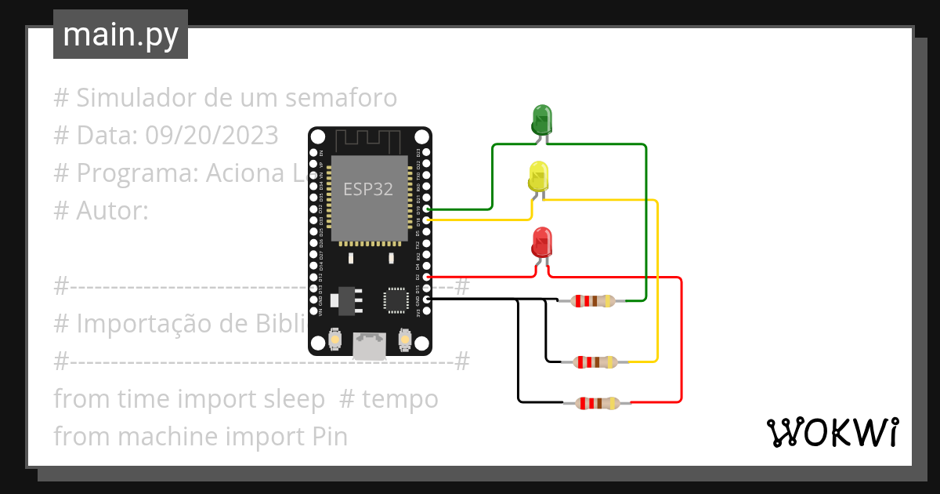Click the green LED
[541, 119]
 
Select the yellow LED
[539, 176]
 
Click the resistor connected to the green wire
[594, 300]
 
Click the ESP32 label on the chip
[368, 189]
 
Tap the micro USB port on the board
[370, 345]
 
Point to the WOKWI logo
[831, 433]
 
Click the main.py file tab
[121, 35]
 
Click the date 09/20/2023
[211, 136]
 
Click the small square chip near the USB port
[394, 300]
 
